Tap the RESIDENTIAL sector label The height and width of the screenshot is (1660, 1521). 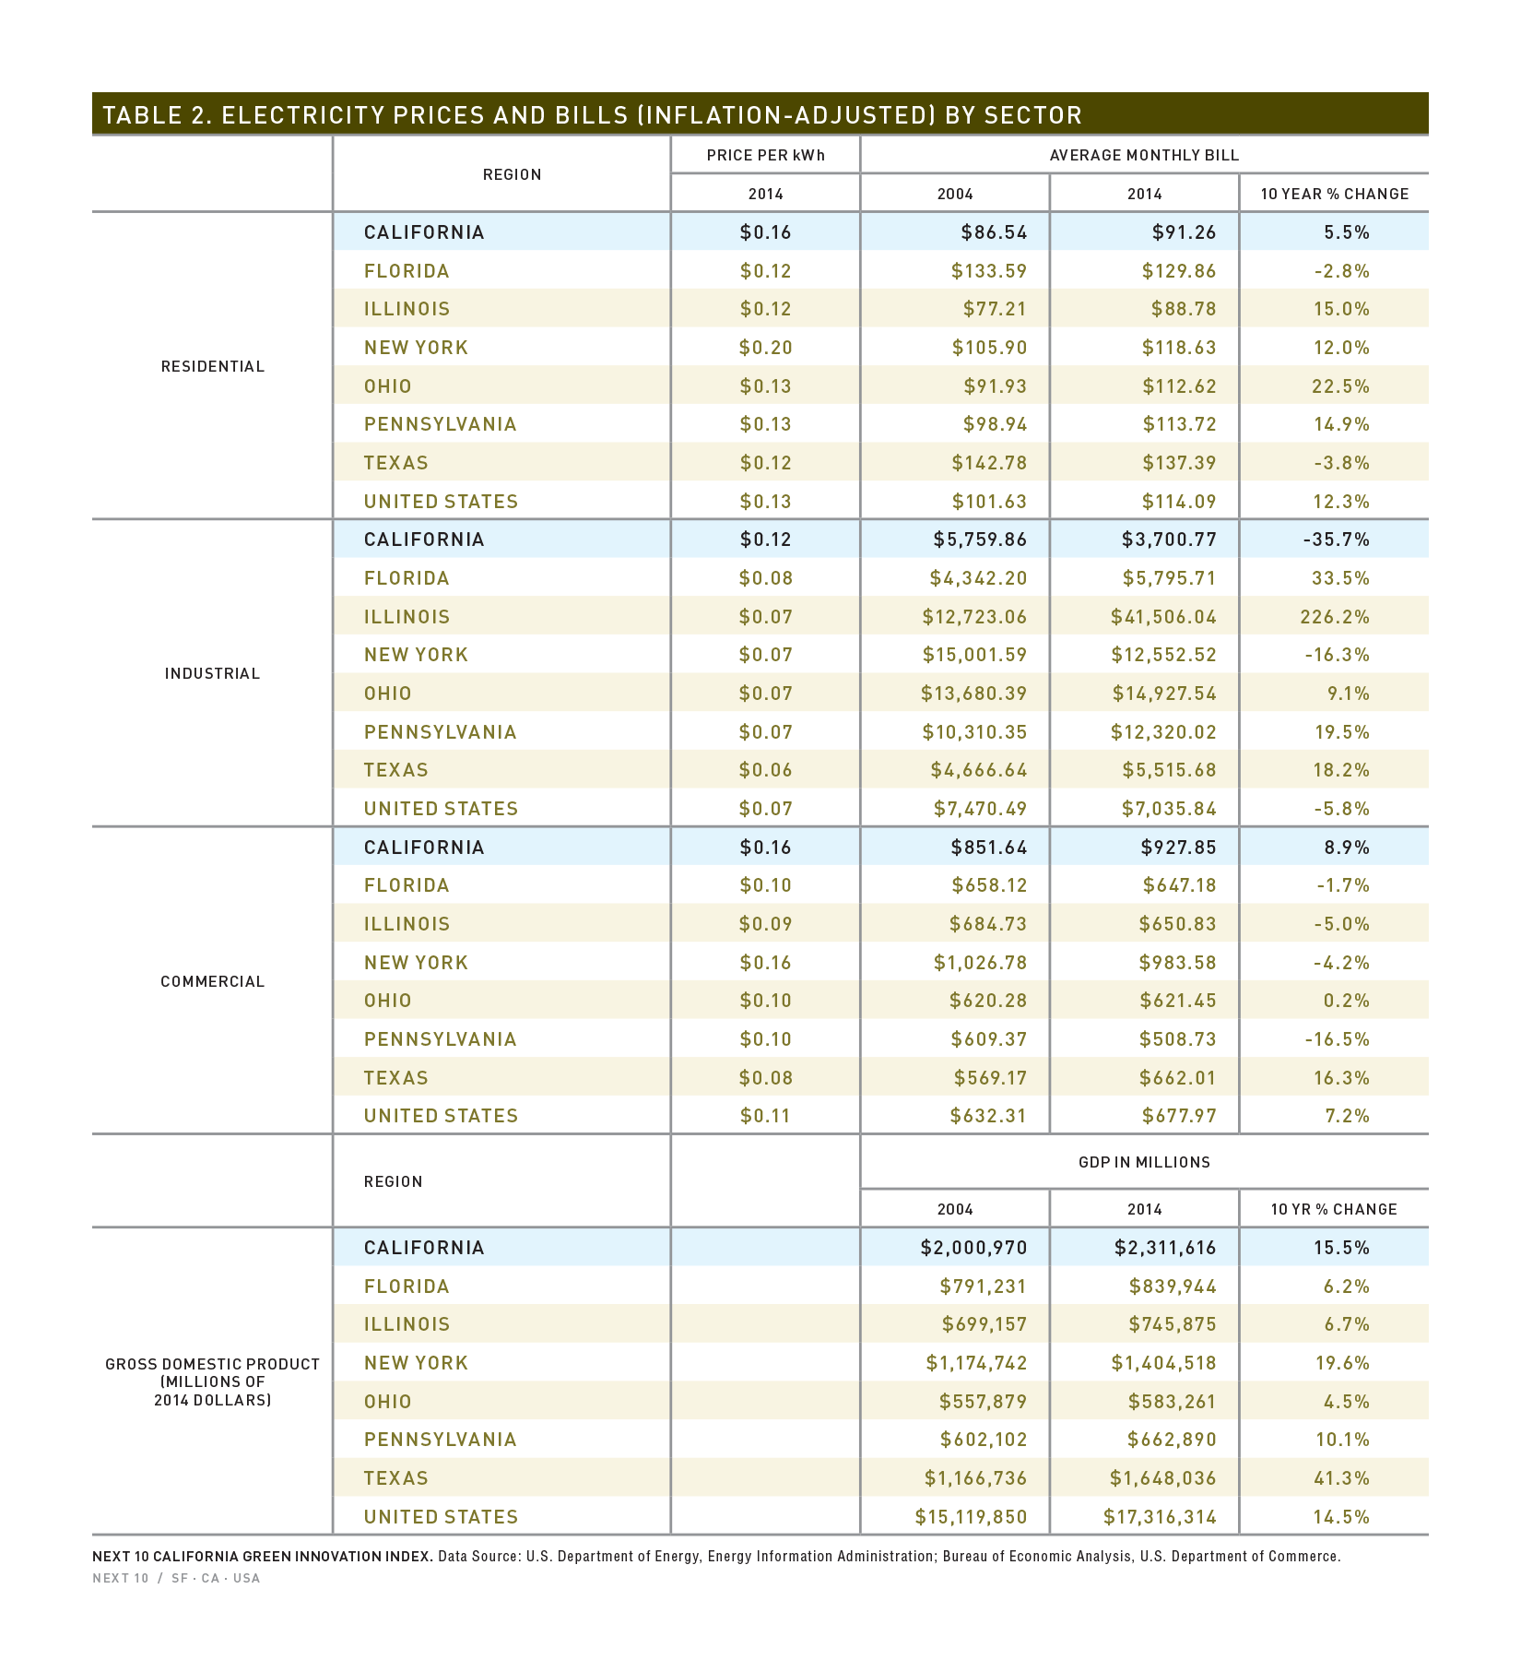click(x=213, y=366)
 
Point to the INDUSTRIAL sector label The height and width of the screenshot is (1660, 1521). click(x=213, y=673)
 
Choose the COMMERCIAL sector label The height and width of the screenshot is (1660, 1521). click(x=213, y=981)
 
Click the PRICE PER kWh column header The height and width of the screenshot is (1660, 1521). click(x=766, y=155)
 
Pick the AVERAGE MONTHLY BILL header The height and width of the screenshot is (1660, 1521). click(x=1144, y=155)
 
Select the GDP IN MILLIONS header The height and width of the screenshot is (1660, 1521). click(x=1144, y=1162)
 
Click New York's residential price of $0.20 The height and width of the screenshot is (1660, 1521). click(x=766, y=348)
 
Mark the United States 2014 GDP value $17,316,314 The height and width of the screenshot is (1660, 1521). click(x=1160, y=1517)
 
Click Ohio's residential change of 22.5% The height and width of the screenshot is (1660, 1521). click(x=1341, y=386)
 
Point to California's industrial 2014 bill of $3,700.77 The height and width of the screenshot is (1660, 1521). click(x=1169, y=539)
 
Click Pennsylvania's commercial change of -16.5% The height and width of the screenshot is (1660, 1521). click(x=1338, y=1039)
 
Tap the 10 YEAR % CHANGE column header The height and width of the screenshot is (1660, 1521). click(x=1335, y=194)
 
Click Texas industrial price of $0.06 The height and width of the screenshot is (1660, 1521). click(x=766, y=770)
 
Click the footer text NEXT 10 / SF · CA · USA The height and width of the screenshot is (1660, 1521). click(x=176, y=1578)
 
